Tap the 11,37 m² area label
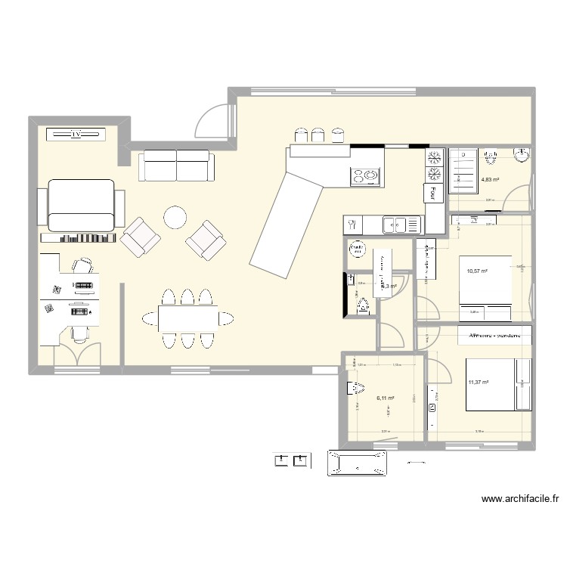point(478,383)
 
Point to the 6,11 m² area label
point(385,398)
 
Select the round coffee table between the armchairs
point(175,218)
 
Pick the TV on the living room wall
point(76,135)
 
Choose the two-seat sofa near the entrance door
point(176,166)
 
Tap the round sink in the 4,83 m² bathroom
point(522,156)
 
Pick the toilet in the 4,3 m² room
point(364,306)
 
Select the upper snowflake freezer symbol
point(435,159)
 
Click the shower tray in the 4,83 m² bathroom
point(462,171)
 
